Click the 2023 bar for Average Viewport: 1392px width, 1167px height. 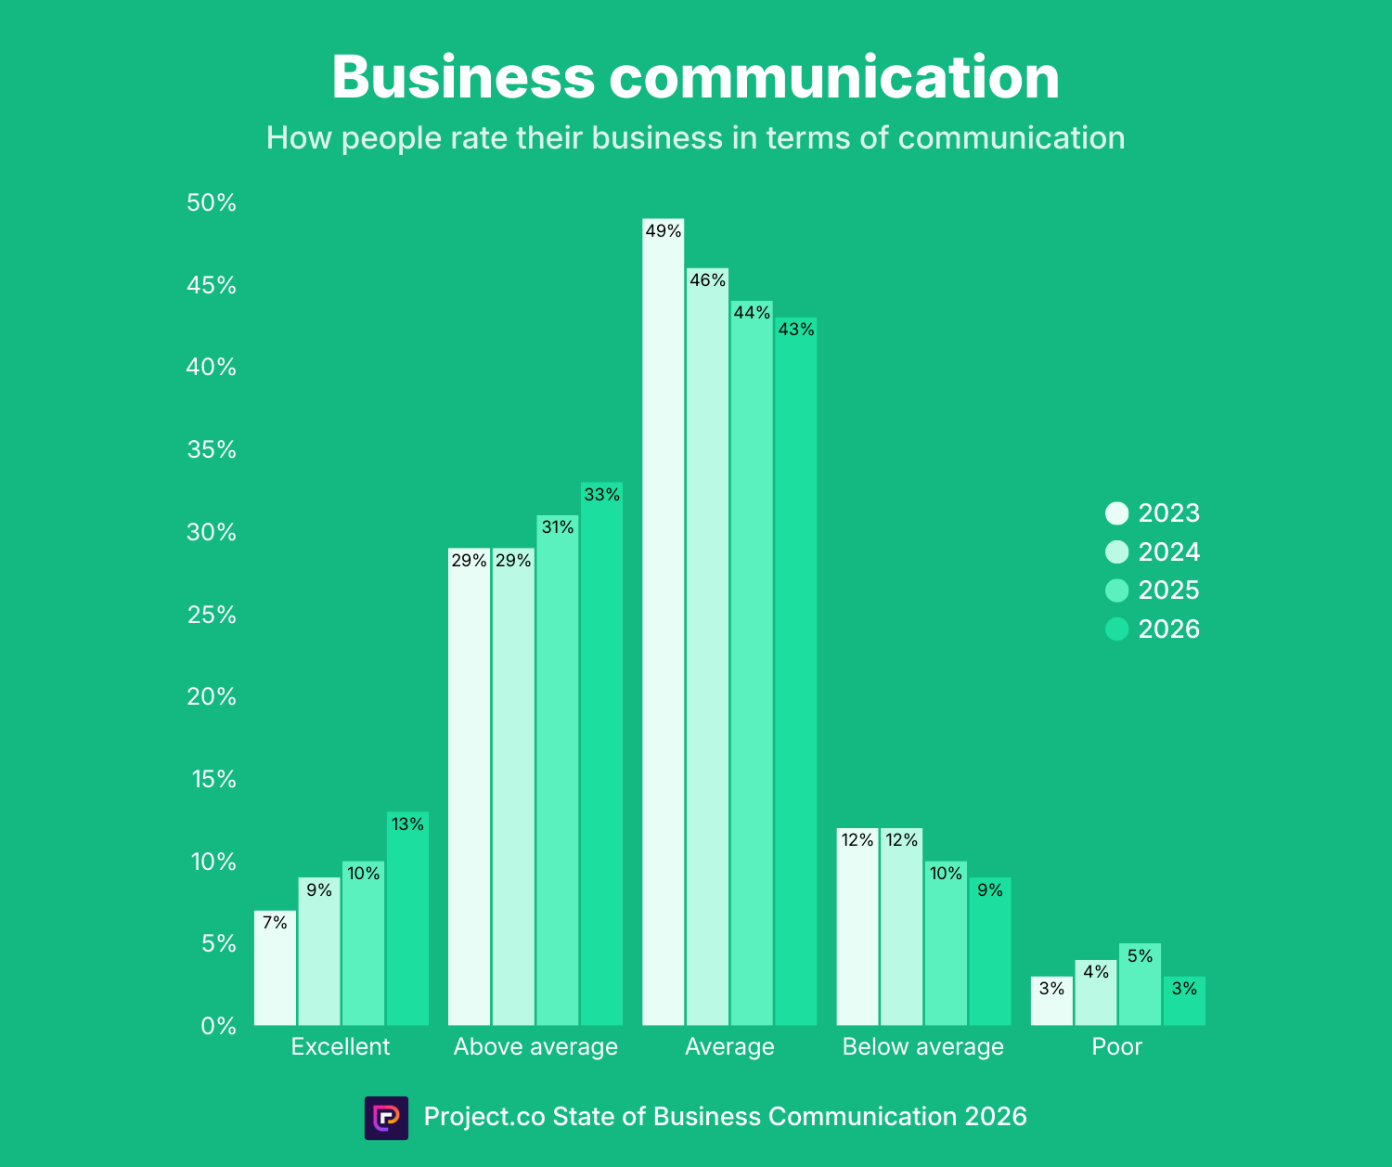[x=663, y=622]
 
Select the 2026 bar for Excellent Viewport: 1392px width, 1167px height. [x=407, y=918]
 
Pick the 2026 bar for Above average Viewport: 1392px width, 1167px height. [x=601, y=754]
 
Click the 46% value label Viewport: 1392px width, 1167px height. [x=707, y=280]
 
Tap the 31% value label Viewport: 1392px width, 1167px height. [x=558, y=527]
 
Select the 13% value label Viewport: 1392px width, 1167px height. [x=407, y=823]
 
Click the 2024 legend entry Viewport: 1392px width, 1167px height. [x=1153, y=552]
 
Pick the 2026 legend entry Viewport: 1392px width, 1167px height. [x=1153, y=629]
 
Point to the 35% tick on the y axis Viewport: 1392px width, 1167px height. [x=212, y=450]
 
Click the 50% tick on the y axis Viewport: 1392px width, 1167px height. [x=212, y=203]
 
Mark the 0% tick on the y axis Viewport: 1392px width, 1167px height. [x=218, y=1026]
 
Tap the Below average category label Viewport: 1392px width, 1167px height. [x=922, y=1047]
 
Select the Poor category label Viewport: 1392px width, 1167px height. [x=1116, y=1047]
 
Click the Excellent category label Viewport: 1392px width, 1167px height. [x=341, y=1047]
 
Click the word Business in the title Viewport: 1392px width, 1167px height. [x=462, y=77]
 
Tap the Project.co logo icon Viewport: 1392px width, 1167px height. [x=386, y=1117]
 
